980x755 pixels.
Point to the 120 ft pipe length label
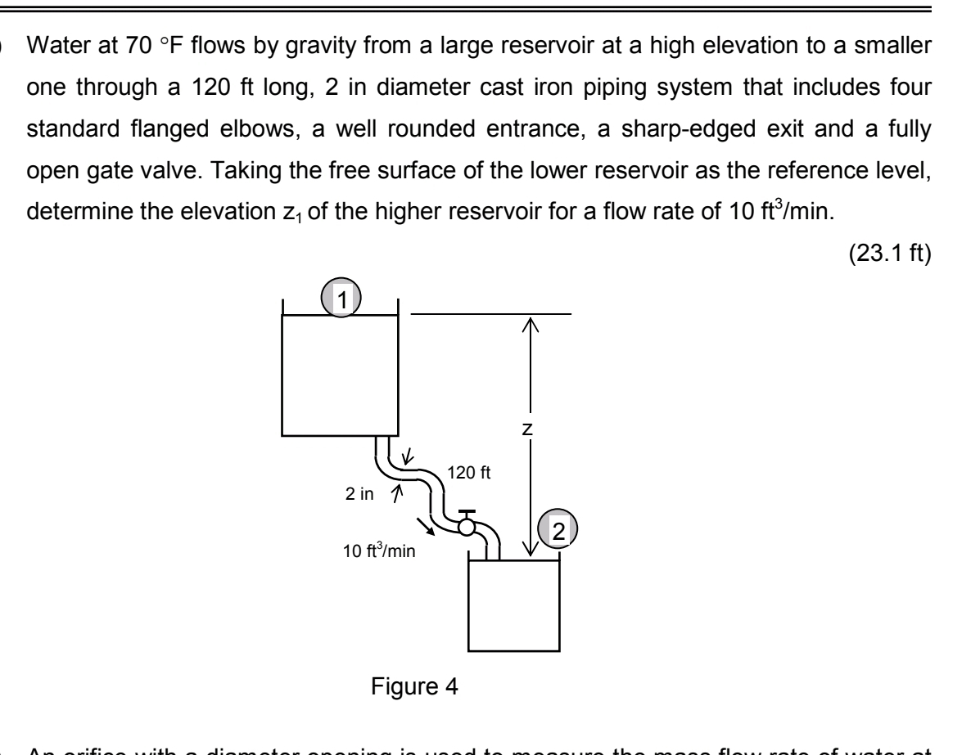(x=468, y=472)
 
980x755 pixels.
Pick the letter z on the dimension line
(x=531, y=427)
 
